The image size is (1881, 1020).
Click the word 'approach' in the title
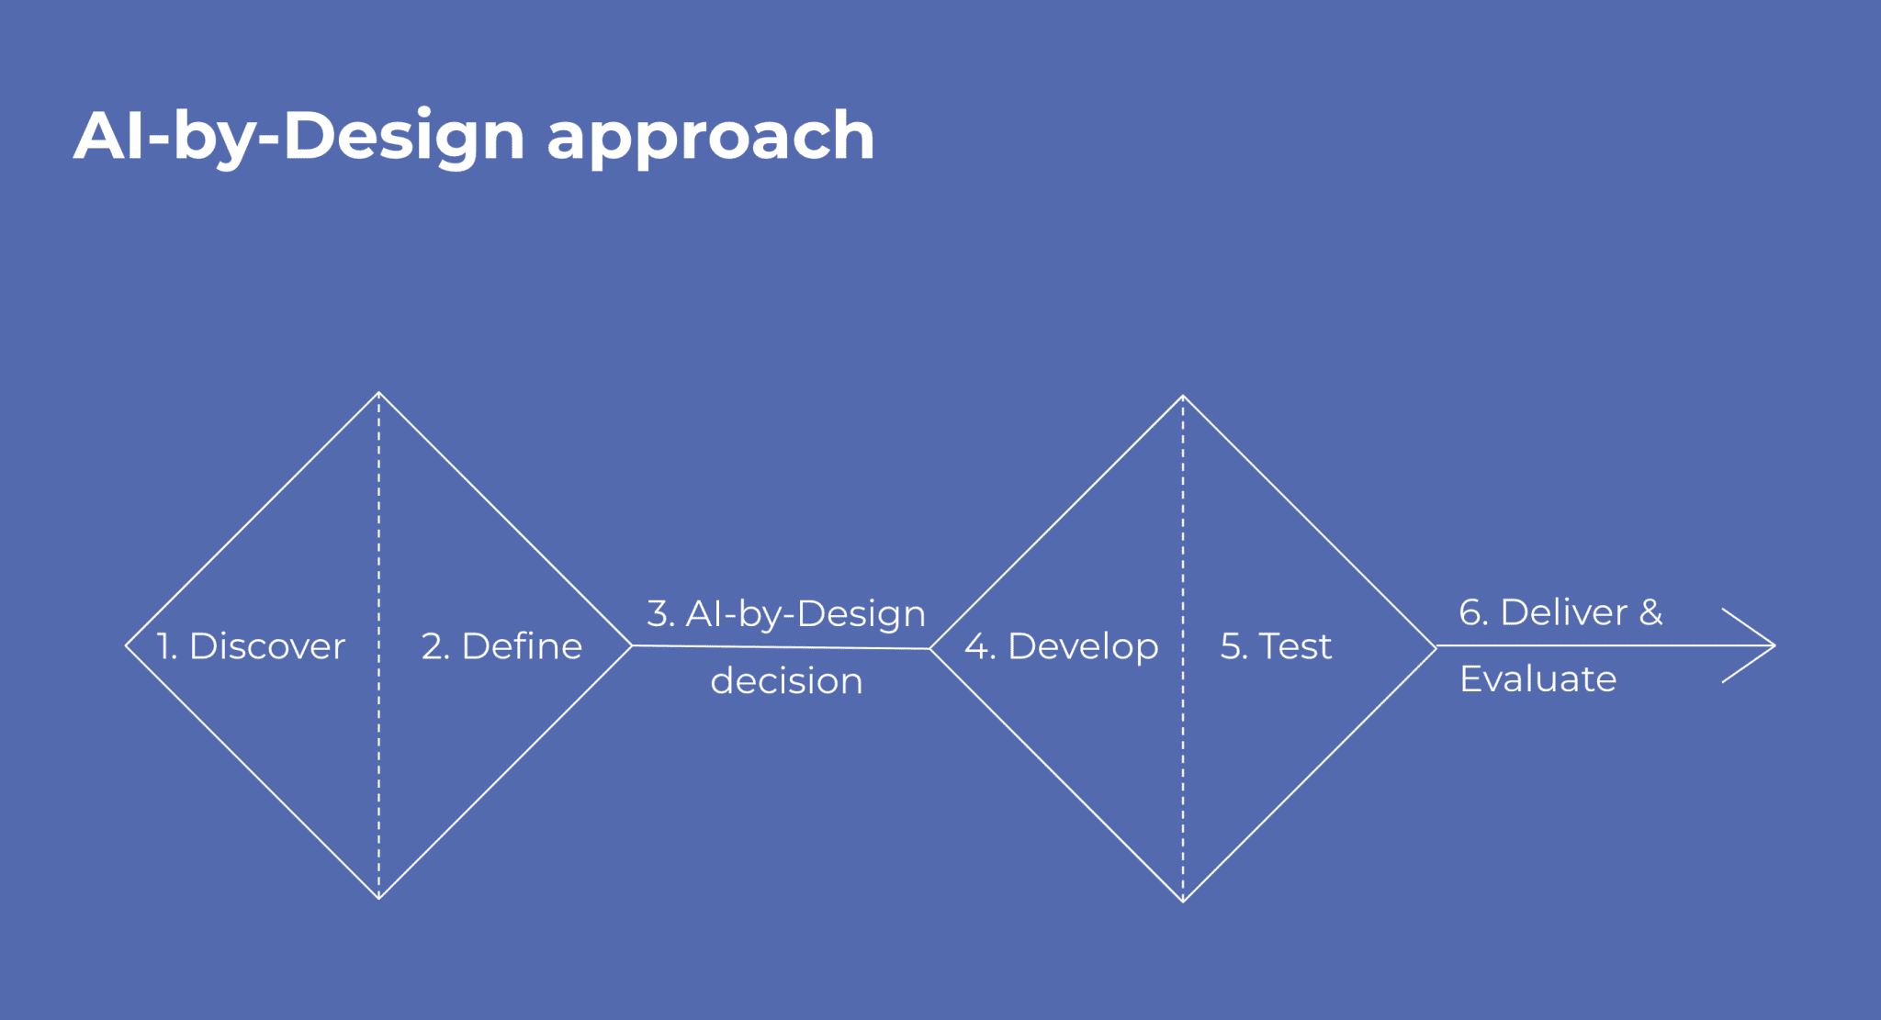click(x=710, y=138)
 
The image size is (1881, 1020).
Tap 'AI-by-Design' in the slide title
click(x=299, y=137)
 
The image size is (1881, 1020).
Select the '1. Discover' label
click(x=251, y=646)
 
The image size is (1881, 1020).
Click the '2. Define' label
click(x=501, y=646)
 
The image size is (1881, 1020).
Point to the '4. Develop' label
click(x=1061, y=648)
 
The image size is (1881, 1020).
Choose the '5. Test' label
click(x=1276, y=646)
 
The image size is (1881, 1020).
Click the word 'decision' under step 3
click(x=786, y=680)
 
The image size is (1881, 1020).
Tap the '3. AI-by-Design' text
click(x=786, y=614)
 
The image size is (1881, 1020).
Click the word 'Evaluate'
click(x=1538, y=679)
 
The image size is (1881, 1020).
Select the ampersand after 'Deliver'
click(x=1650, y=612)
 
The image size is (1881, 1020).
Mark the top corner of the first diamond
click(x=378, y=393)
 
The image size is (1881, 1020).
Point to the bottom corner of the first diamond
click(x=378, y=898)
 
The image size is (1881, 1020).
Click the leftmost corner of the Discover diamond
click(x=126, y=645)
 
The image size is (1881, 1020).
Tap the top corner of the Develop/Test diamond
click(x=1183, y=397)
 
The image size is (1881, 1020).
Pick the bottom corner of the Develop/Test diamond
click(x=1183, y=902)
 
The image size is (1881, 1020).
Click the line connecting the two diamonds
click(x=781, y=647)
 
